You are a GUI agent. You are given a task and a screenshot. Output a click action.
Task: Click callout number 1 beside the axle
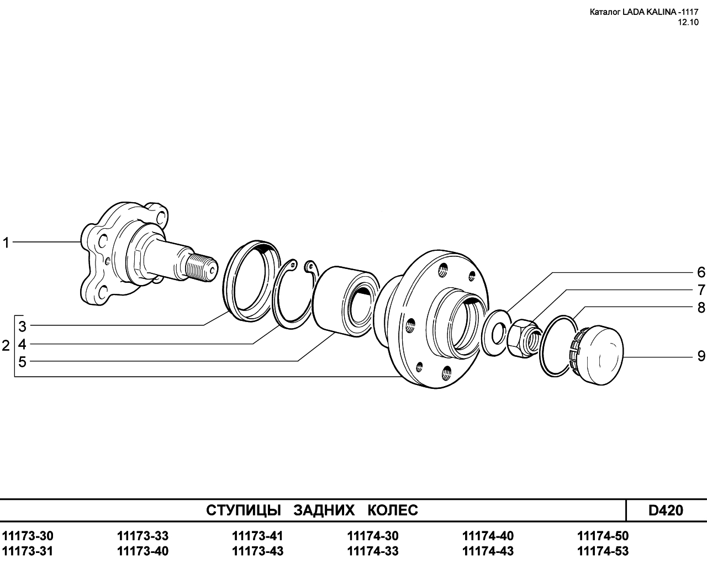[6, 243]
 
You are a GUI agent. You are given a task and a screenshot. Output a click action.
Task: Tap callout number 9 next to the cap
[701, 356]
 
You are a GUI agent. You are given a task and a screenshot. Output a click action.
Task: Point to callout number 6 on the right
[701, 272]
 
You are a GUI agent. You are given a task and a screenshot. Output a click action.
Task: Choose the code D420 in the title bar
[666, 510]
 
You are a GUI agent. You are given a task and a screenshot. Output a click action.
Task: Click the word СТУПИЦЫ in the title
[244, 510]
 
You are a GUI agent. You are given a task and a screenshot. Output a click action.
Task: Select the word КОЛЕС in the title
[393, 510]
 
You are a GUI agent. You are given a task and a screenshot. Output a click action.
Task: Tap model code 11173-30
[28, 536]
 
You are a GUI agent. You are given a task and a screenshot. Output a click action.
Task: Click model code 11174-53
[603, 551]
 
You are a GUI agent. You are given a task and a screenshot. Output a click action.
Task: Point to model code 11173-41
[257, 536]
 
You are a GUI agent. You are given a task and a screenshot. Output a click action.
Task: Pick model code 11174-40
[488, 536]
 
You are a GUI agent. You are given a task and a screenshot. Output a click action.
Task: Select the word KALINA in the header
[653, 12]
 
